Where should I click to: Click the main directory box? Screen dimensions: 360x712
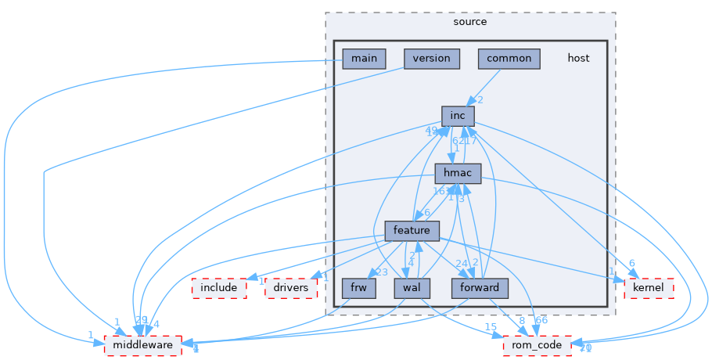364,59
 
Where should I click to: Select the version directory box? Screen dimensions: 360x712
431,59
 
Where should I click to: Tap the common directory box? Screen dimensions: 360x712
509,59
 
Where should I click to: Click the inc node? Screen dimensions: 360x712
458,117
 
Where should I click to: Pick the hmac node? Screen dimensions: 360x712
458,174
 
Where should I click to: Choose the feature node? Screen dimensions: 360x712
412,231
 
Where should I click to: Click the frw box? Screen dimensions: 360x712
359,288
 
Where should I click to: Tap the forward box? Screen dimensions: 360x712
479,288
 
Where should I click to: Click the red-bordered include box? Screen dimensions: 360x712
219,288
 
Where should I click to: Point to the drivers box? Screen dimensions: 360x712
292,288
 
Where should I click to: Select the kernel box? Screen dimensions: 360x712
648,288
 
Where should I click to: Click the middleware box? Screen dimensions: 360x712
143,345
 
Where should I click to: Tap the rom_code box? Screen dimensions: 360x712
537,345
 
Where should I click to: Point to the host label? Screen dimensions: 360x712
578,59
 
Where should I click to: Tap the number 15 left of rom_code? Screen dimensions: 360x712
491,326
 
